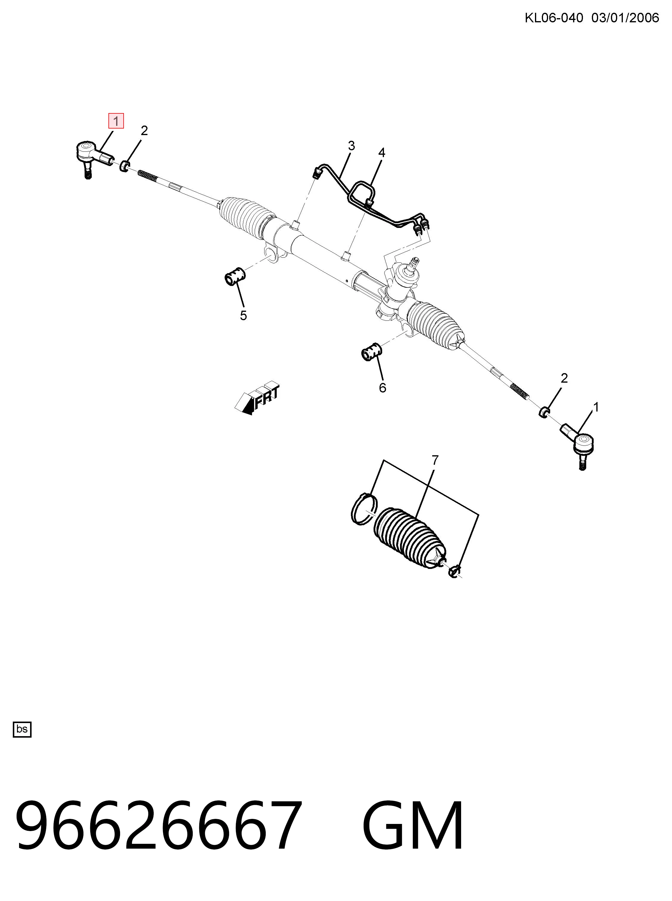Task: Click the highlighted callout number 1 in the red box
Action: [116, 121]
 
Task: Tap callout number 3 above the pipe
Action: [351, 146]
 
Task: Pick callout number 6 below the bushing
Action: [382, 388]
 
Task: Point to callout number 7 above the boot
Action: [435, 460]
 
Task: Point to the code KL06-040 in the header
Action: [554, 18]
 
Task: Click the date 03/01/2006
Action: [625, 18]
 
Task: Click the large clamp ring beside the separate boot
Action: [364, 508]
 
